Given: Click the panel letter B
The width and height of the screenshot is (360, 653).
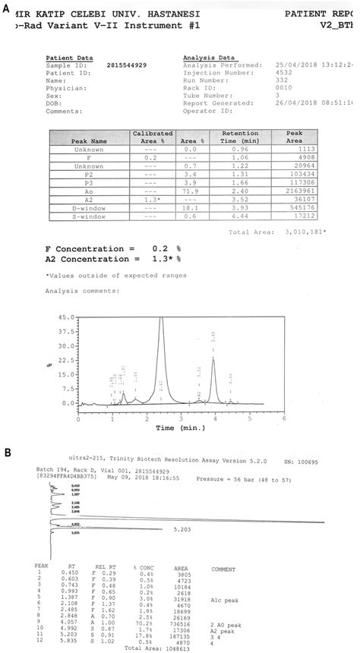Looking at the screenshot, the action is click(x=6, y=453).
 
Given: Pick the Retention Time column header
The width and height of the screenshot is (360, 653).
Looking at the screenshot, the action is click(x=240, y=137).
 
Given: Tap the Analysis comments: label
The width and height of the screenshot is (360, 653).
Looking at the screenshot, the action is click(x=82, y=290).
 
